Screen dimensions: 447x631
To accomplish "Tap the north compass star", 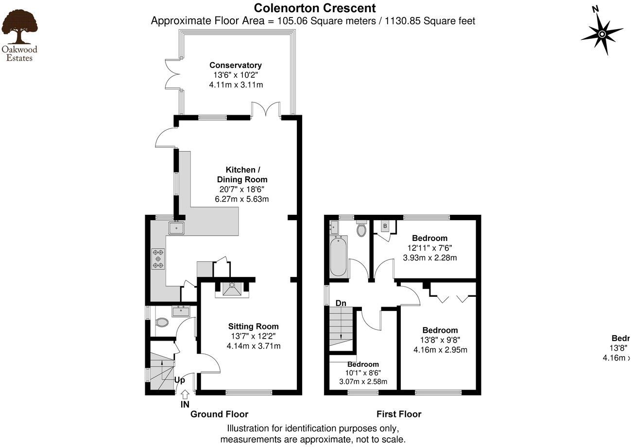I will [x=602, y=34].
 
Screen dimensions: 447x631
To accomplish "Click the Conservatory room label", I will [x=236, y=65].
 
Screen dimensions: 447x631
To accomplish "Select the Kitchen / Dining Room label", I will [x=242, y=174].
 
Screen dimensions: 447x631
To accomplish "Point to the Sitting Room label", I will [x=254, y=327].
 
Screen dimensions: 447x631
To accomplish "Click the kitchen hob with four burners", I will [x=158, y=258].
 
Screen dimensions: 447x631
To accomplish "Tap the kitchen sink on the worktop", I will [x=176, y=227].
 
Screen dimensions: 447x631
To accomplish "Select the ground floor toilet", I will [x=162, y=322].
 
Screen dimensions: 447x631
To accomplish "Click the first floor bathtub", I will [x=338, y=256].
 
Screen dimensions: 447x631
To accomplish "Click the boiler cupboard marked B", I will [x=385, y=226].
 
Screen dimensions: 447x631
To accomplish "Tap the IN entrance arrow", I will [x=185, y=395].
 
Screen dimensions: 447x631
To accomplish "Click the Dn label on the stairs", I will [x=341, y=303].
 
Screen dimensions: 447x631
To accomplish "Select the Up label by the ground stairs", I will [x=179, y=380].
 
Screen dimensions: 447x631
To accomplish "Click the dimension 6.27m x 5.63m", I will [x=242, y=199].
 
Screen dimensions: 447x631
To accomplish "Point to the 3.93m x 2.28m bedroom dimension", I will [x=430, y=258].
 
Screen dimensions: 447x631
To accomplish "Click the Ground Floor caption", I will [x=219, y=414].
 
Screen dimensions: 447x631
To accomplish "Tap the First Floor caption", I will [x=399, y=414].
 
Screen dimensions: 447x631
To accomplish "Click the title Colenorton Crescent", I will [x=315, y=8].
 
